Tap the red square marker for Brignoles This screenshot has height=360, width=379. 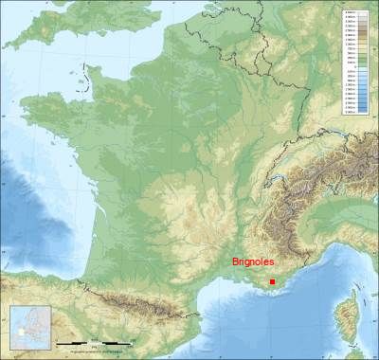(273, 281)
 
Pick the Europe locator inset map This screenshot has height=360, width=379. (28, 327)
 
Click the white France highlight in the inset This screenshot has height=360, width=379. (20, 333)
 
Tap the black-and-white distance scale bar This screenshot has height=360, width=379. (91, 342)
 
